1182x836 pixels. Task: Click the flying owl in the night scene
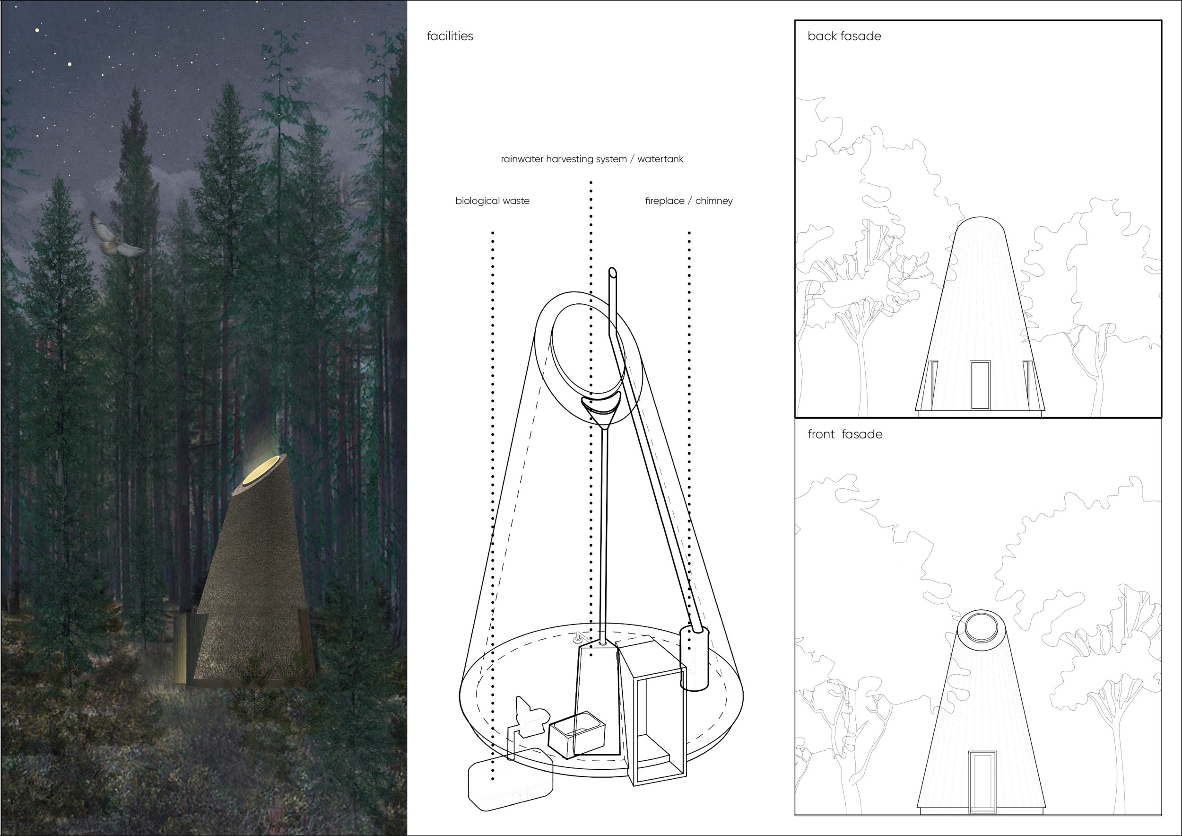[x=116, y=237]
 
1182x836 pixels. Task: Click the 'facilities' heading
[x=450, y=36]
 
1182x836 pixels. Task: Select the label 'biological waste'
[x=492, y=201]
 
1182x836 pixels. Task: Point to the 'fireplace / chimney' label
[x=688, y=201]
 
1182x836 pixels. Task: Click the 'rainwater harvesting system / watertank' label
[x=592, y=159]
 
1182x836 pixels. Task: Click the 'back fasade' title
[x=844, y=36]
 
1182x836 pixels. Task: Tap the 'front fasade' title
[x=844, y=434]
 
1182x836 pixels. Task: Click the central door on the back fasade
[x=980, y=385]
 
